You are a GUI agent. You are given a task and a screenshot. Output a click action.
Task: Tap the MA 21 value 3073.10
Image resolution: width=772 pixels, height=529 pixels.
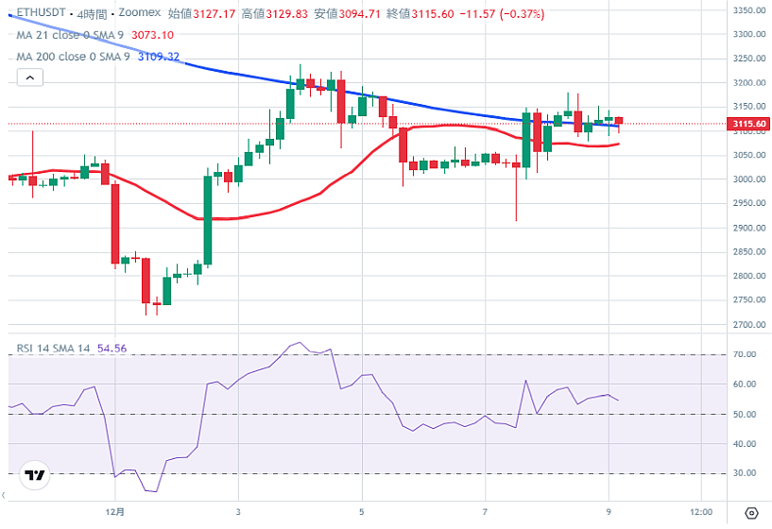[152, 35]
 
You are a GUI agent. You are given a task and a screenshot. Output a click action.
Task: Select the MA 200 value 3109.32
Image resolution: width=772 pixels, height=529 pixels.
[159, 57]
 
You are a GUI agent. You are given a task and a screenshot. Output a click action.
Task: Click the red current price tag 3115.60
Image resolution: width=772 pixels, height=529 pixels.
[749, 124]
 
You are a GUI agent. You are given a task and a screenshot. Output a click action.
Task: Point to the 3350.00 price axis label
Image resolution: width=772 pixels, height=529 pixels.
[749, 10]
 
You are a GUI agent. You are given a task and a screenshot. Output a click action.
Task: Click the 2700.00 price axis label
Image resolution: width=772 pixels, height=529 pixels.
[749, 325]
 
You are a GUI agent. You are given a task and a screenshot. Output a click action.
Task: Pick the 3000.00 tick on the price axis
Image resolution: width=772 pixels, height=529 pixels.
[749, 179]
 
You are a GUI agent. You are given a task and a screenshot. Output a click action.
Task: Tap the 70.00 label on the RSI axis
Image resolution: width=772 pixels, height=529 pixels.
[745, 354]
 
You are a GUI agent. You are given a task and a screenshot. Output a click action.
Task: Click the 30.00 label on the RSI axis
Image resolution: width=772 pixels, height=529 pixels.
[745, 473]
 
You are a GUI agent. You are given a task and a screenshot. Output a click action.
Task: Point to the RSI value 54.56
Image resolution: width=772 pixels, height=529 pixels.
[112, 349]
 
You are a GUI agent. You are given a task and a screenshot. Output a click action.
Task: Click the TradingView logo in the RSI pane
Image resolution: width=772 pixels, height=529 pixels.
[35, 475]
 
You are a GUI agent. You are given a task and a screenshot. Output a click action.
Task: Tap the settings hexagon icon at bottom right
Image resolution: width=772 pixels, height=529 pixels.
[751, 513]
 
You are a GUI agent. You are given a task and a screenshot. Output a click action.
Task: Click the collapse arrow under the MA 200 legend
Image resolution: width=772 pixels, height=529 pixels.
[11, 76]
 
